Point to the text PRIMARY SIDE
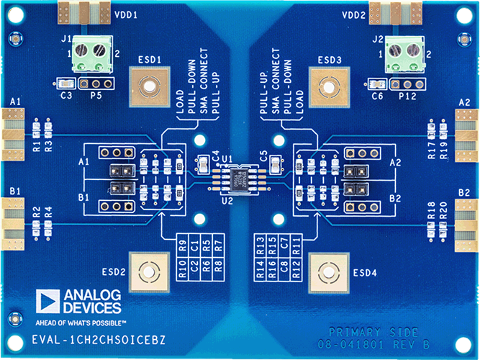pos(372,332)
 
